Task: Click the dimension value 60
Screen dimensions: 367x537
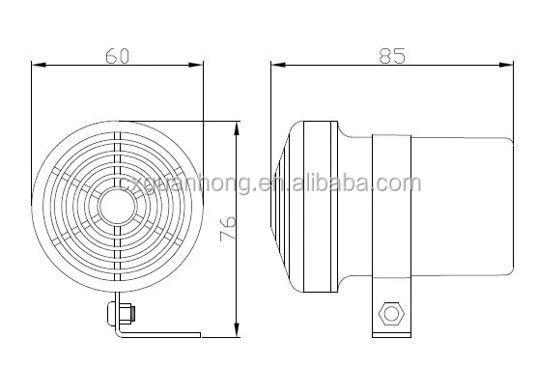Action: [117, 55]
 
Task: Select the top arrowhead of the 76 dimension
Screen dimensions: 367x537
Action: [238, 127]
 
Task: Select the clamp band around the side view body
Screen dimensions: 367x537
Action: [392, 208]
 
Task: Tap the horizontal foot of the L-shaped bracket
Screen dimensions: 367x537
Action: [159, 334]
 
